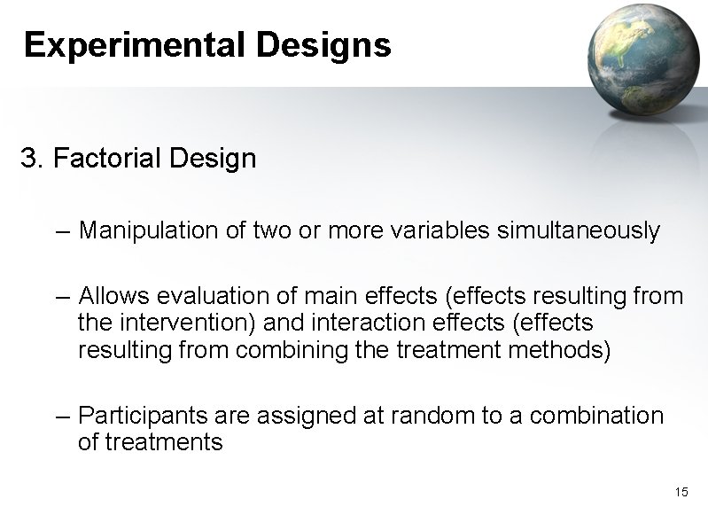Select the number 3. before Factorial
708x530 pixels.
click(x=32, y=160)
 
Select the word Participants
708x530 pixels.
click(x=143, y=416)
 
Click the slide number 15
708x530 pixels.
click(x=681, y=492)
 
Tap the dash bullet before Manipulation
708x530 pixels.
click(x=60, y=232)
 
